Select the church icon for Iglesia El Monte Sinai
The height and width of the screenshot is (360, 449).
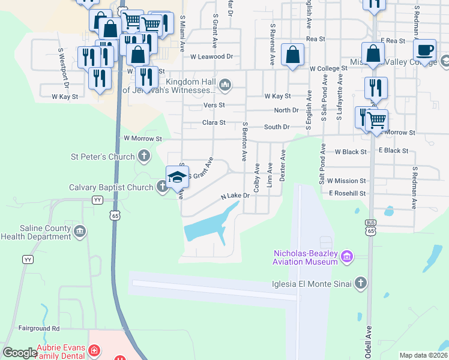point(360,283)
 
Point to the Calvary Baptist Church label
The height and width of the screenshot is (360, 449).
point(111,188)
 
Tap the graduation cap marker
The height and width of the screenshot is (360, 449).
point(177,177)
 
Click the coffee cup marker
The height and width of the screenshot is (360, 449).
point(424,50)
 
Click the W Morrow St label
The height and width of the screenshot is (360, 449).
point(143,139)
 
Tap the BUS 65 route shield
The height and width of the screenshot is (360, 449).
point(370,227)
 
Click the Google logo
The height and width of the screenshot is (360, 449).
point(20,352)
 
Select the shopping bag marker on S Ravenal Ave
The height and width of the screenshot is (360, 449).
point(292,56)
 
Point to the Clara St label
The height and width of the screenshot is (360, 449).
point(214,123)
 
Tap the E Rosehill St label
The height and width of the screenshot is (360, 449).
point(348,193)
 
